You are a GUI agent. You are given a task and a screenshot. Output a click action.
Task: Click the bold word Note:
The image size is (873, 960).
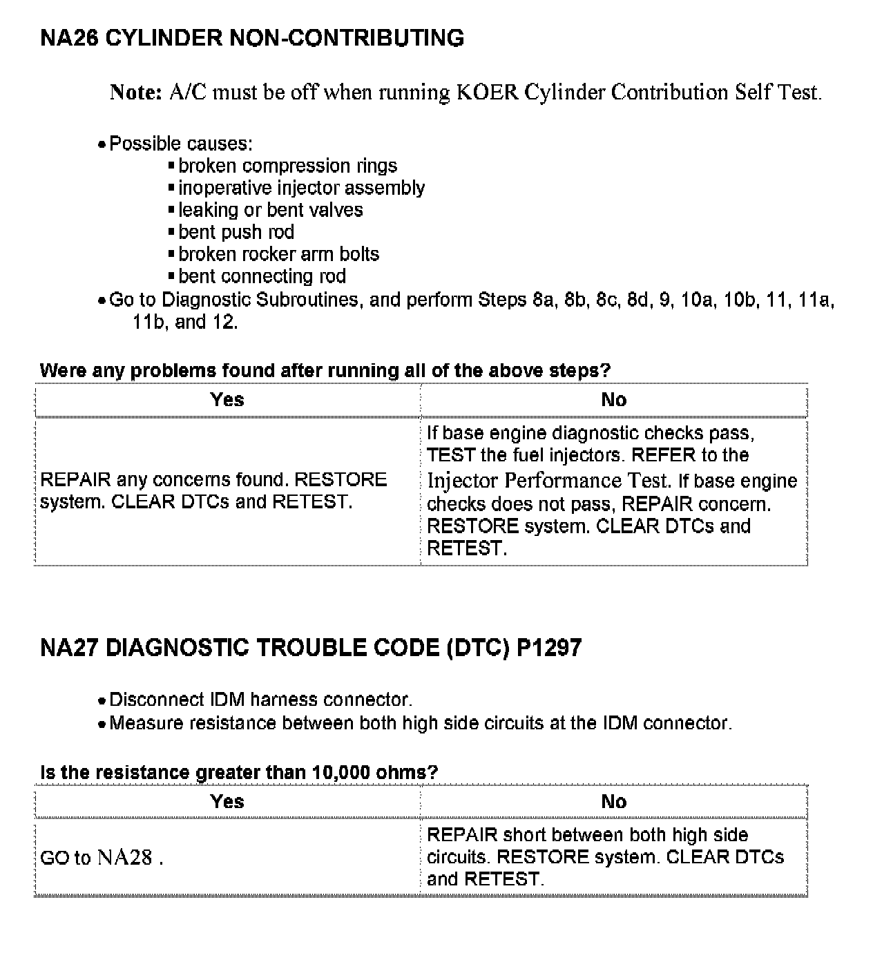136,92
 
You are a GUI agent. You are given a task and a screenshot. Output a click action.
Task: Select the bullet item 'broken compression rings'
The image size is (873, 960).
287,166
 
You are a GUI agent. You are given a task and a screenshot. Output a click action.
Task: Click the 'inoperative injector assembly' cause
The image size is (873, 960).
301,188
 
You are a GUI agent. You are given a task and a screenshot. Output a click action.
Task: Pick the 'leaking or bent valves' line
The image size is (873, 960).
270,210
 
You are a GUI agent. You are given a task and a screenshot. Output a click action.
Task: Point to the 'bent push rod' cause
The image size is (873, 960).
236,232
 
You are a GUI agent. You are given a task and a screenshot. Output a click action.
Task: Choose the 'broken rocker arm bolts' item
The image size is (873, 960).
278,254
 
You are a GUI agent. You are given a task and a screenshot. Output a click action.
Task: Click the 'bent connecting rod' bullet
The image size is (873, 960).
262,276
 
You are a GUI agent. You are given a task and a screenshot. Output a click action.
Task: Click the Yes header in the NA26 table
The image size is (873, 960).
227,400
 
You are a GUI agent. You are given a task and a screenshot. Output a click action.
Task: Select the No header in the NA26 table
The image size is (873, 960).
613,400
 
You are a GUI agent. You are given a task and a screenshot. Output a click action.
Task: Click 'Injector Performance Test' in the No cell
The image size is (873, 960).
548,480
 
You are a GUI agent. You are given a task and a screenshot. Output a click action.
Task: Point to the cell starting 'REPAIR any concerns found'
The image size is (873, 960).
213,490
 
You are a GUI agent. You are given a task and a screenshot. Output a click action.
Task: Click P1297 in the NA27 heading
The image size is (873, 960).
549,648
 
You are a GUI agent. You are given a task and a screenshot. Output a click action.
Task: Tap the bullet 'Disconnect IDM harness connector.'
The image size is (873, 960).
260,700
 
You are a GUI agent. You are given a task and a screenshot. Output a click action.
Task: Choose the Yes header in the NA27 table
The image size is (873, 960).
227,802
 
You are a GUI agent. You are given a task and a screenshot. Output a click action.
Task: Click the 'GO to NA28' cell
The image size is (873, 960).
102,858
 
